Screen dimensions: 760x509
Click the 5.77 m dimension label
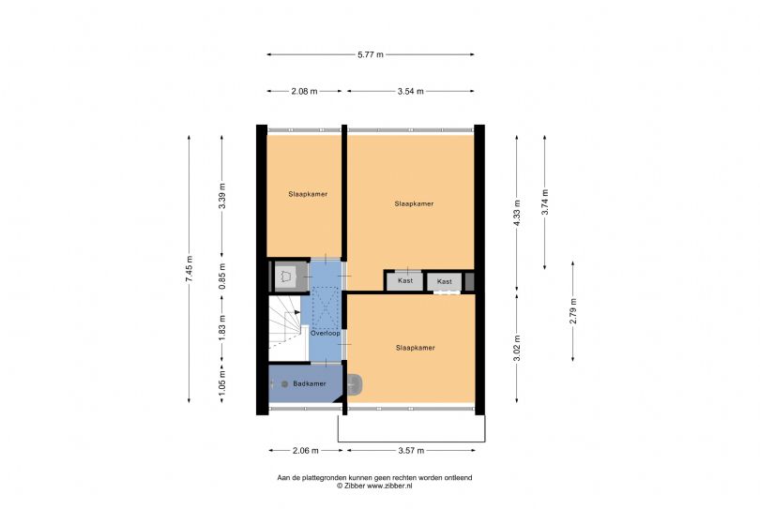click(371, 54)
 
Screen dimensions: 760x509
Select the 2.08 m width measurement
click(304, 91)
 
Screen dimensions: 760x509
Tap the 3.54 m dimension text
click(411, 91)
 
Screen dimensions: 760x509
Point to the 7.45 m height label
click(189, 269)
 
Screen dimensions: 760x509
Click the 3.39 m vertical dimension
click(222, 196)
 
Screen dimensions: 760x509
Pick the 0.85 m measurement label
click(222, 277)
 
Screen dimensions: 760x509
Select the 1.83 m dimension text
click(222, 328)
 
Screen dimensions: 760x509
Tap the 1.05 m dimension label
click(222, 383)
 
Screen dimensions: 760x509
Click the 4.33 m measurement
click(517, 213)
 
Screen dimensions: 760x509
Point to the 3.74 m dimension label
click(545, 202)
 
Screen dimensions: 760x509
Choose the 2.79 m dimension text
click(573, 311)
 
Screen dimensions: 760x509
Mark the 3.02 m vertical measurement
click(517, 348)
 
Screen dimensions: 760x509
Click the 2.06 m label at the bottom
click(306, 450)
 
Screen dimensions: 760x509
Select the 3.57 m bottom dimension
click(411, 450)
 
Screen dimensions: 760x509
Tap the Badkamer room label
click(310, 383)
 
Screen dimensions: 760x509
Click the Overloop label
click(326, 333)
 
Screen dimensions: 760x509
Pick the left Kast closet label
click(405, 280)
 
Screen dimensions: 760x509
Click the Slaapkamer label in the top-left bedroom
click(308, 194)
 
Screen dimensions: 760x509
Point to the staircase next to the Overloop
click(285, 327)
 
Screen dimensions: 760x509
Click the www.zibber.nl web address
click(389, 486)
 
